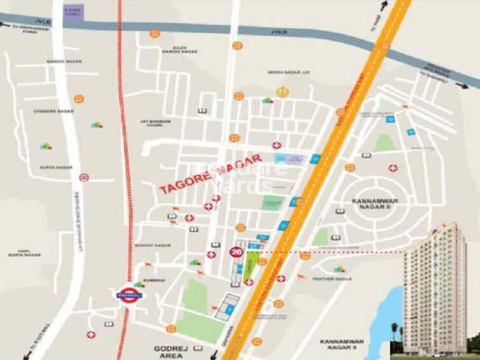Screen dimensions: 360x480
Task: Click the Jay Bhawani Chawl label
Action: pos(156,122)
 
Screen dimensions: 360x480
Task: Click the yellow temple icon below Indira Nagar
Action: pos(284,92)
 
